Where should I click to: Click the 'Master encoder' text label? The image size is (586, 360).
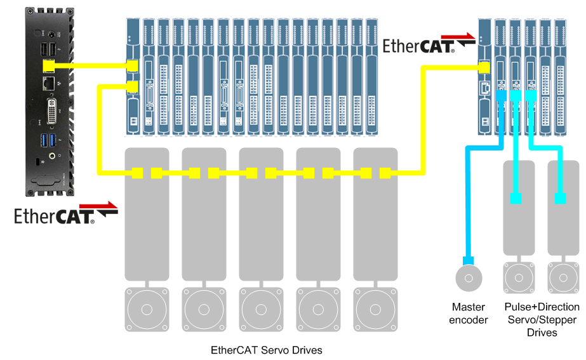tap(469, 314)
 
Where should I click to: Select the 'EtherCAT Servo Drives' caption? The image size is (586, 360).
tap(267, 350)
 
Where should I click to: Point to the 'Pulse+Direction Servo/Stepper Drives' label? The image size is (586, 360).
tap(533, 320)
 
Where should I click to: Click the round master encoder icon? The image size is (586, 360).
tap(469, 278)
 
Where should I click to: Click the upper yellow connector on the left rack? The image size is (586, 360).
tap(133, 65)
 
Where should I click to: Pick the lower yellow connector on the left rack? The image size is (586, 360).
tap(133, 87)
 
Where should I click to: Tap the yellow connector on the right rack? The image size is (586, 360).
tap(484, 66)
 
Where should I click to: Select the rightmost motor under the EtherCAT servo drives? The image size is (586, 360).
tap(375, 310)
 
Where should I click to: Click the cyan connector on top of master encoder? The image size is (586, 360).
tap(469, 260)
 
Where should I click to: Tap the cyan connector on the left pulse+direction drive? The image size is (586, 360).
tap(516, 199)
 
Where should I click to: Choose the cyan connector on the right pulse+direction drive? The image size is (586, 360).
tap(560, 199)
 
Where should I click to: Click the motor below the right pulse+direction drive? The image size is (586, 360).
tap(560, 278)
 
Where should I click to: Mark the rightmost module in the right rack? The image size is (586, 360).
tap(560, 76)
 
